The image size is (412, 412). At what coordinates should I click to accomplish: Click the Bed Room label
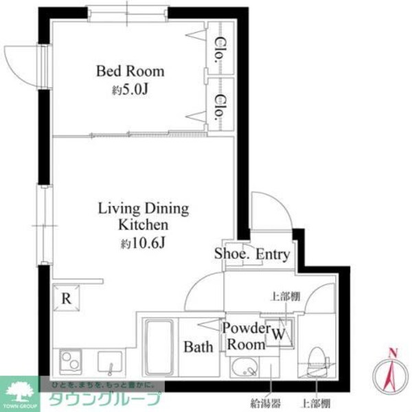[x=130, y=71]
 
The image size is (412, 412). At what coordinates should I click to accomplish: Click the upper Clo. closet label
[x=220, y=49]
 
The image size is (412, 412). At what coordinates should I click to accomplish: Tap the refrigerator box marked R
[x=66, y=298]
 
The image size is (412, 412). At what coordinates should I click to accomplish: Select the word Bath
[x=198, y=347]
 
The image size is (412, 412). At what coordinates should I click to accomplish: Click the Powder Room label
[x=247, y=336]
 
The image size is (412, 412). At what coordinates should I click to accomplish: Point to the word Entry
[x=273, y=255]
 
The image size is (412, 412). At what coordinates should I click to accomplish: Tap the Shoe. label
[x=231, y=254]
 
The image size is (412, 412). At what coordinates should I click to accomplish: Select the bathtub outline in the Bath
[x=157, y=343]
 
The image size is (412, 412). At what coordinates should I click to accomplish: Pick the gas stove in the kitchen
[x=69, y=360]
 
